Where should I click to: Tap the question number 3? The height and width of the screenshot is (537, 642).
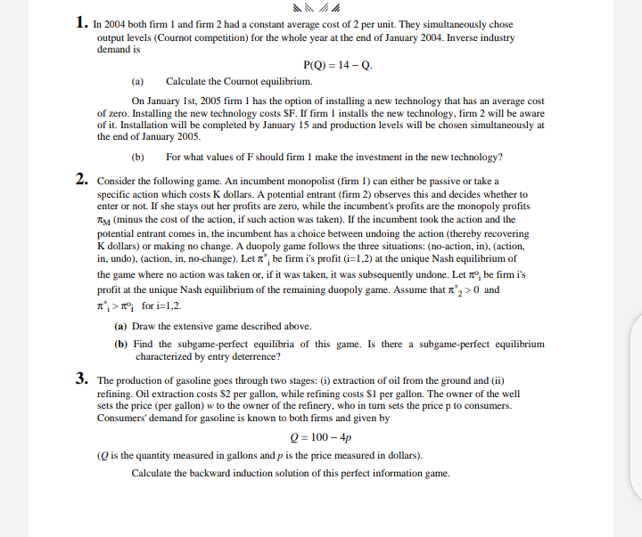click(x=81, y=378)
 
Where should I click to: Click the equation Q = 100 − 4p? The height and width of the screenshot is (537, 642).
click(x=321, y=438)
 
